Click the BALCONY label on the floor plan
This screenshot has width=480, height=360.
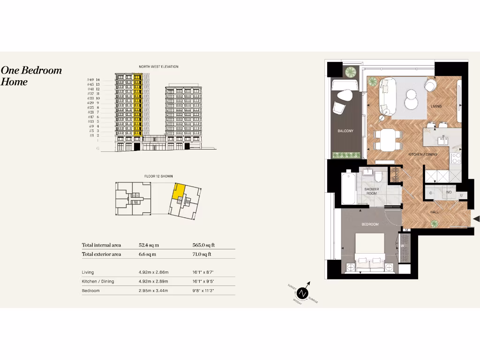(x=345, y=131)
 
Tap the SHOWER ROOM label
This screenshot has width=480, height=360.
(x=371, y=191)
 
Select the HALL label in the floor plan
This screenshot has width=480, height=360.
(x=435, y=212)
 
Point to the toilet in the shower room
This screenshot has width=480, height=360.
(x=379, y=174)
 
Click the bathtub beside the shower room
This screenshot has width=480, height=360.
(x=348, y=188)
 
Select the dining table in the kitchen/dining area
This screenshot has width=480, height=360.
(x=387, y=140)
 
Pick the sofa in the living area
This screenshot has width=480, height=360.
(x=389, y=97)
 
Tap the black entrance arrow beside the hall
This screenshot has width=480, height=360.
(x=476, y=219)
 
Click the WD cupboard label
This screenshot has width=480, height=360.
(x=449, y=192)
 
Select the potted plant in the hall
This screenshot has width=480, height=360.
(x=435, y=225)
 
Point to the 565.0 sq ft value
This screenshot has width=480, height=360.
(x=202, y=245)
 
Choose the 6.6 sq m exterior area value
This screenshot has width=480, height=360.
(x=147, y=254)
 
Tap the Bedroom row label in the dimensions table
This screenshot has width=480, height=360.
(x=90, y=291)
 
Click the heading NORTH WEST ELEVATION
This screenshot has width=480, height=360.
(x=158, y=67)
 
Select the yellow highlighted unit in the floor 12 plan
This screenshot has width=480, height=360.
(x=178, y=191)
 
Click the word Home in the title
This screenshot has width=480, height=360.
(x=14, y=82)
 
